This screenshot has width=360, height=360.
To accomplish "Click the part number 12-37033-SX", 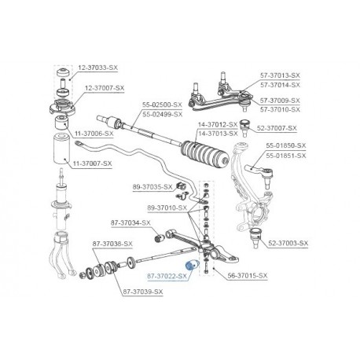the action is tap(98, 68).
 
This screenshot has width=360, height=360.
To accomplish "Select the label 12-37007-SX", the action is tap(105, 88).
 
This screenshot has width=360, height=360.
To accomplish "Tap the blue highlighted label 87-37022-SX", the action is tap(167, 276).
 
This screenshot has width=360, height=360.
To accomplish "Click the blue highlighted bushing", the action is tap(192, 265).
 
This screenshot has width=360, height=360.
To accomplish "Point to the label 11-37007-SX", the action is tap(92, 163).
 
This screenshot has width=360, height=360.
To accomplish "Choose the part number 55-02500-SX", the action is tap(162, 105).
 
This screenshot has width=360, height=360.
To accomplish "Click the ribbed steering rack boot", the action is tap(206, 155).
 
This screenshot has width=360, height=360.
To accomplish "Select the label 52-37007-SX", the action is tap(277, 128).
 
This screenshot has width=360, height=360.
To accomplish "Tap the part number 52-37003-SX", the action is tap(288, 243).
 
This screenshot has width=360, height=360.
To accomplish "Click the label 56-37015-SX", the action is tap(248, 275).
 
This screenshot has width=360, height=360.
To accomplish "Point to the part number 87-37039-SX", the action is tap(143, 292).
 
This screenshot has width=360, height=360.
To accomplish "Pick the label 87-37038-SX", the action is tap(112, 244).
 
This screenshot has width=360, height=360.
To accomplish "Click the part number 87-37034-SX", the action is tap(130, 222).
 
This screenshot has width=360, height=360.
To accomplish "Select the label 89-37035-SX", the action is tap(152, 187).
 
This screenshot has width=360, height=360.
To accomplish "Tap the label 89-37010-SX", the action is tap(167, 208).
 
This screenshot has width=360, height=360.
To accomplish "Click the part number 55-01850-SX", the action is tap(286, 145).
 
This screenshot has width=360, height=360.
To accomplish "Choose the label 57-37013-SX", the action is tap(280, 75).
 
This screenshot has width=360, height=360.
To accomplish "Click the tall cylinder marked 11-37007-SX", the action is tap(62, 149).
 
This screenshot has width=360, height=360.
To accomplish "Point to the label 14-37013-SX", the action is tap(218, 134).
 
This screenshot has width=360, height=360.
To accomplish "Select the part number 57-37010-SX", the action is tap(280, 109).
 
